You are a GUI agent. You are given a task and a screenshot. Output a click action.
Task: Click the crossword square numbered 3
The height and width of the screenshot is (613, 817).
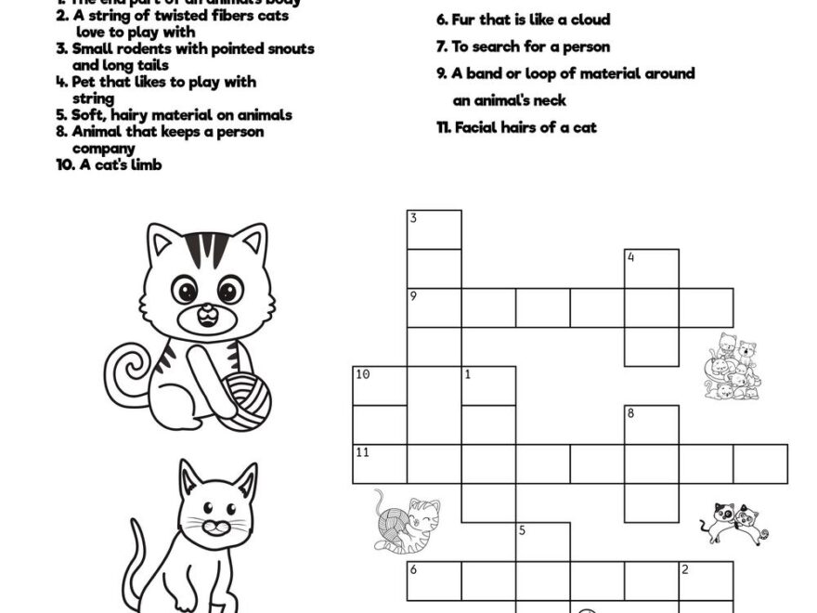point(434,229)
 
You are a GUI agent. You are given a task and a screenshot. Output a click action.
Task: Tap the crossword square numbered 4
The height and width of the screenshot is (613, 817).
point(652,268)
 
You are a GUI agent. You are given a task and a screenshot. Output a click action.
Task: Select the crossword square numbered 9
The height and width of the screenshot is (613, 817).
point(434,307)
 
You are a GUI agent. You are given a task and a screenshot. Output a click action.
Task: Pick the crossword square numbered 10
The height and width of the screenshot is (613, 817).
point(380,385)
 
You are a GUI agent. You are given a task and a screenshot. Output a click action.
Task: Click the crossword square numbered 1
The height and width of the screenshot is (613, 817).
point(489,385)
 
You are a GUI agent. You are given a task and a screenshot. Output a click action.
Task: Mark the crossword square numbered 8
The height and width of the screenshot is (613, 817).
point(652,424)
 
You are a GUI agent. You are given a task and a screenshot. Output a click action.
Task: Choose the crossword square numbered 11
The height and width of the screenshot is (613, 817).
point(380,463)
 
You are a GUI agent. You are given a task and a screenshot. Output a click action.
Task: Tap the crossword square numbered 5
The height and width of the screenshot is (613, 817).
point(543,541)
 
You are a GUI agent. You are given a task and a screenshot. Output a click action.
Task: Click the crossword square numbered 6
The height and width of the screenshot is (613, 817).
point(434,580)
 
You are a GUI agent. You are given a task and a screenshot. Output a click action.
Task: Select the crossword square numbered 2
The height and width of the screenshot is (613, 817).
point(706,580)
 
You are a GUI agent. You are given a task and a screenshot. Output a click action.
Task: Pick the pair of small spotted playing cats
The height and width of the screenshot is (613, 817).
point(734,522)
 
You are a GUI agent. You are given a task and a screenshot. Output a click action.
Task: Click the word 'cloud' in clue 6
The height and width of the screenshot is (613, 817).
point(588,20)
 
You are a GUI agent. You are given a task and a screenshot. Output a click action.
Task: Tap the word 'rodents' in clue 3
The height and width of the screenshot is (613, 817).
point(139,48)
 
